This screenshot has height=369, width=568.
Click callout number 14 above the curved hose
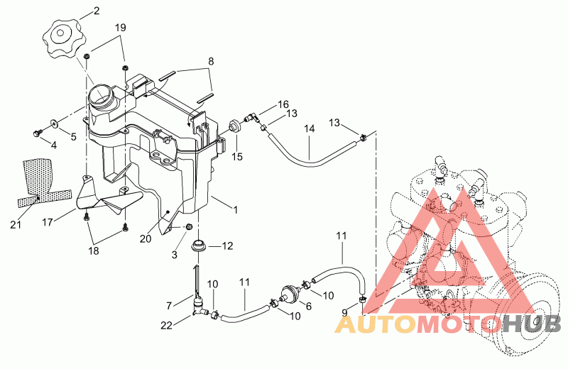(310, 128)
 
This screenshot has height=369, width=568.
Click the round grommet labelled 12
(200, 248)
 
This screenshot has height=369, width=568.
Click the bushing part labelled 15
(233, 128)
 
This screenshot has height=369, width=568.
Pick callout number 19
(121, 28)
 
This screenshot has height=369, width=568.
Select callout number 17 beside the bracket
(48, 222)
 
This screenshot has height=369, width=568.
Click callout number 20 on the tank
(146, 239)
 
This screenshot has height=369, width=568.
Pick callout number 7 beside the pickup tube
(169, 305)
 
